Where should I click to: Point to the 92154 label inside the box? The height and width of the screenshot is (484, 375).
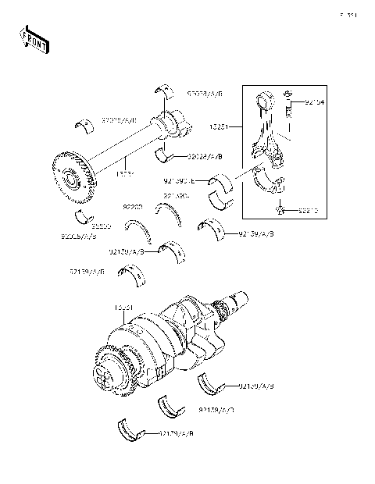314,101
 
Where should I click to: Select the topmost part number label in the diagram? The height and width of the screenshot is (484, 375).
205,93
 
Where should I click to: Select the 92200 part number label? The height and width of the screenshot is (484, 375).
133,208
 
